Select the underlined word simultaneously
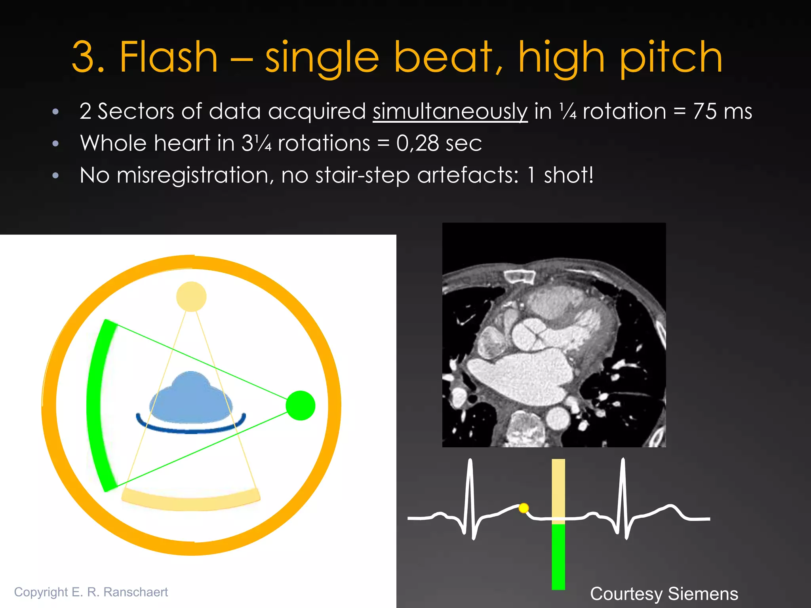(x=450, y=112)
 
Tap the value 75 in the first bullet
(x=705, y=111)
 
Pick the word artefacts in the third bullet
(x=467, y=175)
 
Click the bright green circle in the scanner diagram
(x=301, y=405)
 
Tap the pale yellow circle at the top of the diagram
(x=191, y=296)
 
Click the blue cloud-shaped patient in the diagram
(x=191, y=398)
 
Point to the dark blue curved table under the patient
(x=191, y=430)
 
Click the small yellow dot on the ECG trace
(x=524, y=507)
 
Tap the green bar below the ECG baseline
(x=558, y=556)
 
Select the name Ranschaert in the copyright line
(x=135, y=592)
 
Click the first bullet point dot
(x=55, y=112)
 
